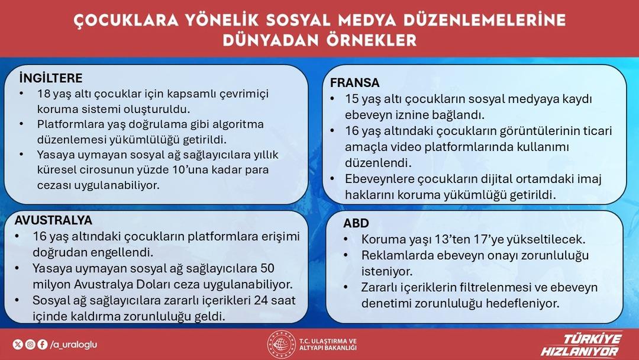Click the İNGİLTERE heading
[50, 79]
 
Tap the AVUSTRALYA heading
[53, 220]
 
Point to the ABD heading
[356, 223]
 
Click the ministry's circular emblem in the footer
[281, 344]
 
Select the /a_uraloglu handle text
[73, 344]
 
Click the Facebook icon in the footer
[42, 344]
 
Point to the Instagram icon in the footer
[30, 344]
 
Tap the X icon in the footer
[18, 344]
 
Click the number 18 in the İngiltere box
[44, 94]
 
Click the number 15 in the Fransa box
[353, 99]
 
